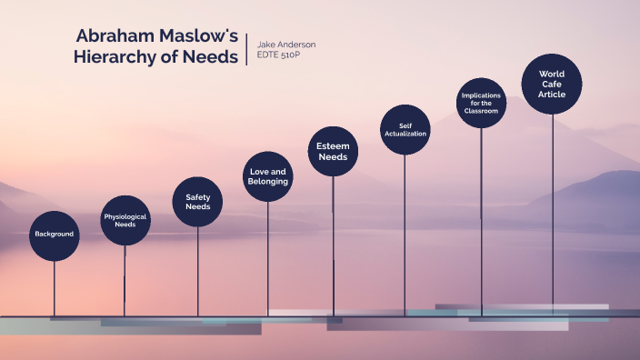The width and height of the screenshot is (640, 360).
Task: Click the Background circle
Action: coord(54,235)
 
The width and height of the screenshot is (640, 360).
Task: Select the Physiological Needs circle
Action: coord(125,221)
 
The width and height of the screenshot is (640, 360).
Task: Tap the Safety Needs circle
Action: coord(197,201)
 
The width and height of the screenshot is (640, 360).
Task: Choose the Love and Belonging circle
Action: coord(267,176)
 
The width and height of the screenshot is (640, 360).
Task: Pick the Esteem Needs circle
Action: coord(333,151)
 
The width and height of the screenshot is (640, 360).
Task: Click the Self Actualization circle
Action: coord(405,130)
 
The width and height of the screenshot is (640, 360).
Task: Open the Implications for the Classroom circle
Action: coord(481,103)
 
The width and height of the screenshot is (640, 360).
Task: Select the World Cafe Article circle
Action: coord(552,85)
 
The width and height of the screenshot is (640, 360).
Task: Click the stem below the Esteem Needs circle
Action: coord(333,245)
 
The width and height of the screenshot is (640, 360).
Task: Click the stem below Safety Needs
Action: coord(197,268)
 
